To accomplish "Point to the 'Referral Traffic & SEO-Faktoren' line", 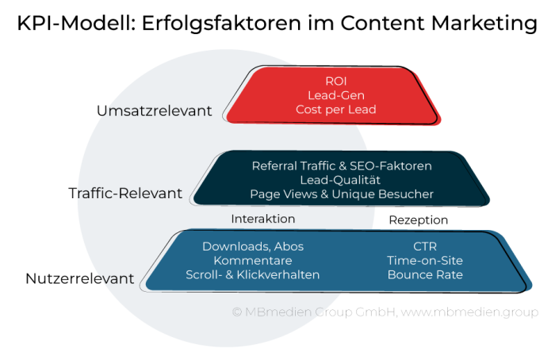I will [x=342, y=166].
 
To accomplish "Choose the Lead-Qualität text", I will [x=342, y=180].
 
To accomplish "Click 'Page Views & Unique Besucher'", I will [x=342, y=194].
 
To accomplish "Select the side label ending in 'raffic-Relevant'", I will [x=127, y=193].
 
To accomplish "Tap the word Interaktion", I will [x=263, y=219].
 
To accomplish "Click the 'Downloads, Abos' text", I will [x=253, y=247].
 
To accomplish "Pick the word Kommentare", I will [x=253, y=261].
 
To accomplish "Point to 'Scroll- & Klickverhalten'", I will [x=253, y=275].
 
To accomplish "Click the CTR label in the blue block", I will [x=425, y=247].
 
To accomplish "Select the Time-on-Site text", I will [x=425, y=261].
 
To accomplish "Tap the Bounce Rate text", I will [x=425, y=275].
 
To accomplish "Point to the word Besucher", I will [x=407, y=194].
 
